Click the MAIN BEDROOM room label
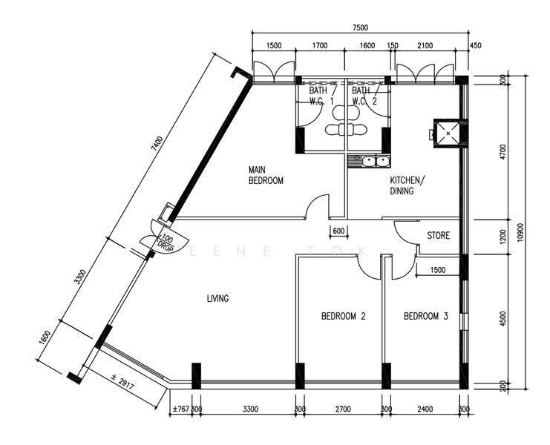(266, 175)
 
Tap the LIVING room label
(217, 299)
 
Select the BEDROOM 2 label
(344, 316)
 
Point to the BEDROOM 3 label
(426, 316)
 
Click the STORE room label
(439, 235)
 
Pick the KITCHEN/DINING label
(407, 185)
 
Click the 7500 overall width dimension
(361, 28)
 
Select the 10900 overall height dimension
(520, 232)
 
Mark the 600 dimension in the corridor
(338, 231)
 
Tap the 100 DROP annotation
(166, 243)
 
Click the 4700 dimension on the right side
(504, 152)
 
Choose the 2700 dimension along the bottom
(343, 409)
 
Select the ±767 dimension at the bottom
(181, 409)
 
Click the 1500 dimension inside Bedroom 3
(438, 270)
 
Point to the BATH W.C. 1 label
(320, 96)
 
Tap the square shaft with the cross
(447, 133)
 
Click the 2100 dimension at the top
(425, 45)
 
